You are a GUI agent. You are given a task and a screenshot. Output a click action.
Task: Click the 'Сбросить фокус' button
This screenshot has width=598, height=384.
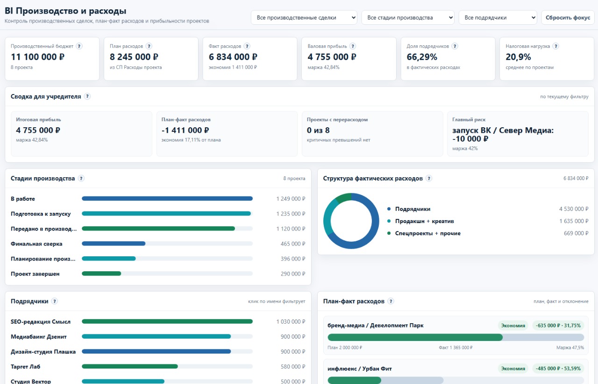[x=568, y=18]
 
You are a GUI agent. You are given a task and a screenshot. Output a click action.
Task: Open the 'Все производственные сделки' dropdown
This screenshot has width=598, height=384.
[x=304, y=18]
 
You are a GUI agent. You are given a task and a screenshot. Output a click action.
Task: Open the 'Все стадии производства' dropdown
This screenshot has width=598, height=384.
[x=408, y=18]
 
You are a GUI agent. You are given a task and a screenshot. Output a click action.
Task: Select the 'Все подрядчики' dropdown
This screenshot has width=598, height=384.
[x=498, y=18]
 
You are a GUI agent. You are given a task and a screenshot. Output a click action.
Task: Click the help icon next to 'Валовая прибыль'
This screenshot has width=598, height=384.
[x=353, y=46]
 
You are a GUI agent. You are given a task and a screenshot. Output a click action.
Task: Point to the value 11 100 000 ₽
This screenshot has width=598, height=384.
[x=38, y=57]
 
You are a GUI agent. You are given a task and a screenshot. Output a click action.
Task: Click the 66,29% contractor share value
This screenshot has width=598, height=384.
[x=422, y=57]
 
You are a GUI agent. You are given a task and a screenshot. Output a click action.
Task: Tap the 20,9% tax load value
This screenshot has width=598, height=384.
[x=518, y=57]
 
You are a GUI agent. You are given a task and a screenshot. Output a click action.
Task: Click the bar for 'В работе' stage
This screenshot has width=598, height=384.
[x=167, y=198]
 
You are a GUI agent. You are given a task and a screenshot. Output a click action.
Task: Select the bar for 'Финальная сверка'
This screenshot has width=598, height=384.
[x=114, y=243]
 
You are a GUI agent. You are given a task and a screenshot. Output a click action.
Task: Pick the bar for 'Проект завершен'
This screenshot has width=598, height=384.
[x=101, y=273]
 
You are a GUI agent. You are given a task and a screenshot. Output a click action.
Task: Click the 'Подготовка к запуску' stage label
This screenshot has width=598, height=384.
[x=41, y=214]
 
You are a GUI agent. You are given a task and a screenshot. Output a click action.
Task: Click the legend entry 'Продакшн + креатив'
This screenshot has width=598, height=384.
[x=425, y=221]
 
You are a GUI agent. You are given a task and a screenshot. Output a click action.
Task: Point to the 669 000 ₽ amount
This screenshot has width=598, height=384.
[x=576, y=233]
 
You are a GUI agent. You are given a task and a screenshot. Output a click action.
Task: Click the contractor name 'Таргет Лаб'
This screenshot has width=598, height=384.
[x=25, y=367]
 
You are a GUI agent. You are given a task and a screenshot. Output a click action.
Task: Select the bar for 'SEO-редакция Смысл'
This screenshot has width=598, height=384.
[x=167, y=321]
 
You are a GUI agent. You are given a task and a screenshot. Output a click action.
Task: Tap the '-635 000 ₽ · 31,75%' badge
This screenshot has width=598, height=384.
[x=558, y=326]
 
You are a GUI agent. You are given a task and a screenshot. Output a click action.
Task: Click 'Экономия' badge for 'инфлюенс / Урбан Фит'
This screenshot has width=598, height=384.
[x=513, y=369]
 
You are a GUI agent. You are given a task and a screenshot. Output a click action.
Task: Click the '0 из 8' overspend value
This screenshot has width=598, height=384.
[x=318, y=130]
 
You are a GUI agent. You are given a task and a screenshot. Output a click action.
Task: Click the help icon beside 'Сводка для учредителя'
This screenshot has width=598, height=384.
[x=87, y=96]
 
